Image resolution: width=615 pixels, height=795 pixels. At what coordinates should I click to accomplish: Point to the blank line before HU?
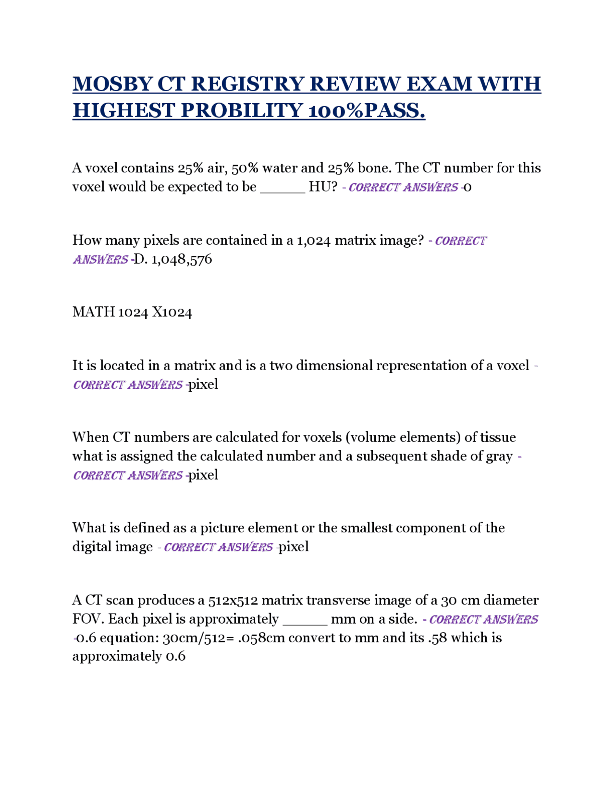tap(283, 187)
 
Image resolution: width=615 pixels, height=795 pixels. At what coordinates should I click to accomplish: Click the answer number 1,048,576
tap(182, 260)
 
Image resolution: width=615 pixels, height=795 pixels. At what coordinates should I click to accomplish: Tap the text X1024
tap(172, 313)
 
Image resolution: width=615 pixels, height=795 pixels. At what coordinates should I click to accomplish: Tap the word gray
tap(499, 456)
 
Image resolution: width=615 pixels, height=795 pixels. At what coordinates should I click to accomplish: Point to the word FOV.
tap(88, 619)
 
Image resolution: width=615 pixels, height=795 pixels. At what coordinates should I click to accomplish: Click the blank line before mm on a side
tap(305, 619)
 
